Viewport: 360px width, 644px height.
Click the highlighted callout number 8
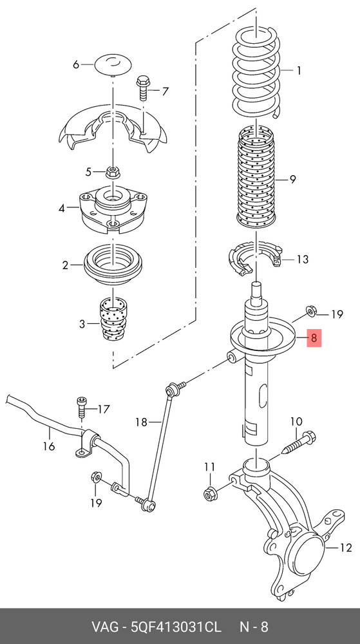click(x=314, y=338)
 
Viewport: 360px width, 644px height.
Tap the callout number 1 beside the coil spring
click(x=299, y=71)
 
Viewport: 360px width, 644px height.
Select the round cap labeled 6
click(x=114, y=64)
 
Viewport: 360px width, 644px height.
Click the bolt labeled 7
click(x=143, y=88)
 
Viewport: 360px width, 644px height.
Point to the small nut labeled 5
click(x=113, y=172)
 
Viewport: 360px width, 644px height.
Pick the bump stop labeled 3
click(x=113, y=319)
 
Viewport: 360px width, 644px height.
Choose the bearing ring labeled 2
click(x=113, y=265)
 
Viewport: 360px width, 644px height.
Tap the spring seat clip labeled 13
click(x=255, y=259)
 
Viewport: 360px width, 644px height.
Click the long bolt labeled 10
click(x=298, y=443)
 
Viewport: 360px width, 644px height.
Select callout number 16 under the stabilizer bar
click(x=49, y=446)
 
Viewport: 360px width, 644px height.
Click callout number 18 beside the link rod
click(x=142, y=422)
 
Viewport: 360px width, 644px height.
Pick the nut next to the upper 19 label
click(x=310, y=312)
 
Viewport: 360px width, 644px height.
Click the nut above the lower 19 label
click(x=95, y=477)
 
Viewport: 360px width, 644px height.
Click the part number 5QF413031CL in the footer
click(x=176, y=627)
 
